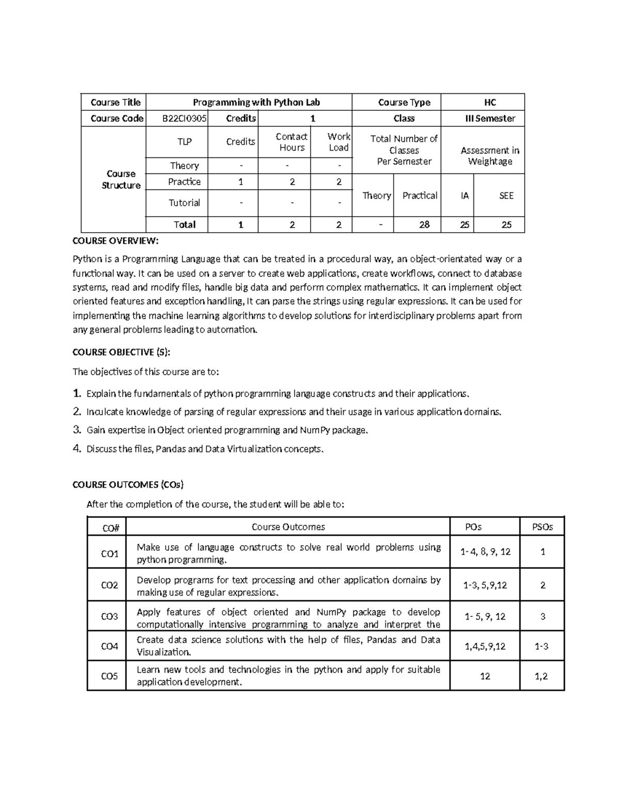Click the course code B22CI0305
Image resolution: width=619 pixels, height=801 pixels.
pyautogui.click(x=177, y=118)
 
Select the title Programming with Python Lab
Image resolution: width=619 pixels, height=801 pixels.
pyautogui.click(x=249, y=102)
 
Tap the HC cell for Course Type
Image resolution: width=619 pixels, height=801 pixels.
pyautogui.click(x=490, y=102)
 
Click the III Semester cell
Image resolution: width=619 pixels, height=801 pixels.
pyautogui.click(x=490, y=118)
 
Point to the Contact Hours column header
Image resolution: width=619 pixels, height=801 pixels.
pyautogui.click(x=291, y=142)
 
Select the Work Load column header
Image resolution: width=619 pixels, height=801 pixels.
pyautogui.click(x=338, y=142)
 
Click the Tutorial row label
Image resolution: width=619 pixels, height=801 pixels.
pyautogui.click(x=184, y=203)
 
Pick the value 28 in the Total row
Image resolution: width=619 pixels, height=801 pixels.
pyautogui.click(x=424, y=224)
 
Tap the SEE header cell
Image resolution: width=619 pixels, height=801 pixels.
pyautogui.click(x=506, y=195)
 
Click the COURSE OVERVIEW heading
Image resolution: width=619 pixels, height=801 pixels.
pyautogui.click(x=116, y=240)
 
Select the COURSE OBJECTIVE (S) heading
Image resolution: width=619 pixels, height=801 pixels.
pyautogui.click(x=121, y=352)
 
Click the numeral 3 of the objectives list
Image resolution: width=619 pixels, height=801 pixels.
pyautogui.click(x=76, y=430)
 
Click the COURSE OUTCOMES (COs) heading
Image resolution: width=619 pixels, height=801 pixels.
pyautogui.click(x=128, y=484)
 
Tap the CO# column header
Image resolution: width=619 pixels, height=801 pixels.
pyautogui.click(x=110, y=527)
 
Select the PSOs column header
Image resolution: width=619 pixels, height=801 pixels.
pyautogui.click(x=542, y=527)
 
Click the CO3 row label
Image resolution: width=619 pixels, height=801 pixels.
pyautogui.click(x=109, y=616)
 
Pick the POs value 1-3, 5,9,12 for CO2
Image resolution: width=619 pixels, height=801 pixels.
pyautogui.click(x=485, y=585)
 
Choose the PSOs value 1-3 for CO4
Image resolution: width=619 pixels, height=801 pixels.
pyautogui.click(x=542, y=646)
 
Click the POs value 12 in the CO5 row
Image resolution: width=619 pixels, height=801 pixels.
pyautogui.click(x=485, y=676)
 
